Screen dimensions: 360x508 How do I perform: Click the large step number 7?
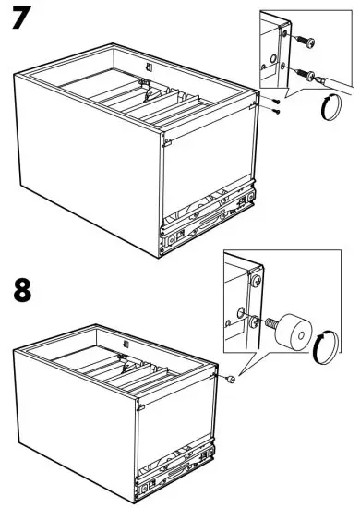tap(20, 18)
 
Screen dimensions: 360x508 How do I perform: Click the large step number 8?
tap(22, 291)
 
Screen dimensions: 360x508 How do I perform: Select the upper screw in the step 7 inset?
tap(305, 41)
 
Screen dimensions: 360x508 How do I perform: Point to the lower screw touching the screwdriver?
tap(306, 74)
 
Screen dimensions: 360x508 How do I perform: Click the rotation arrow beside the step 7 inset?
tap(331, 107)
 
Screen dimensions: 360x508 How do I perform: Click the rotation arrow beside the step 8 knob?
tap(326, 347)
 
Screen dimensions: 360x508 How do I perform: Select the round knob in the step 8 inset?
tap(294, 332)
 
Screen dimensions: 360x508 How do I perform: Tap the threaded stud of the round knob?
tap(270, 322)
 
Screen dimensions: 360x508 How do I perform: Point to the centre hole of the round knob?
tap(301, 336)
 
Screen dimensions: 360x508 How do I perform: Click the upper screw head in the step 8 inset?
tap(257, 280)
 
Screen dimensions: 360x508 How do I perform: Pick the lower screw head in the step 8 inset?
tap(255, 321)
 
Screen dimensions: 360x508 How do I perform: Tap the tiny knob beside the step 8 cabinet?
tap(231, 379)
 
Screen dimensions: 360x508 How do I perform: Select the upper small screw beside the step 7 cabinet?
tap(276, 101)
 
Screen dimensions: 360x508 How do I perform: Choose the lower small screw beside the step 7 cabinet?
tap(276, 112)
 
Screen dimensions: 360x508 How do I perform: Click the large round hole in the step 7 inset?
tap(273, 58)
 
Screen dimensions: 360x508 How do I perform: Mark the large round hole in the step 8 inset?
tap(241, 313)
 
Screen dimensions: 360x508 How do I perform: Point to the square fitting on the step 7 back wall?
tap(150, 67)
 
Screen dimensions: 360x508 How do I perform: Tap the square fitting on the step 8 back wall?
tap(126, 344)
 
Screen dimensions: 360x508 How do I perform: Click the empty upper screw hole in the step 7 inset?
tap(285, 33)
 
